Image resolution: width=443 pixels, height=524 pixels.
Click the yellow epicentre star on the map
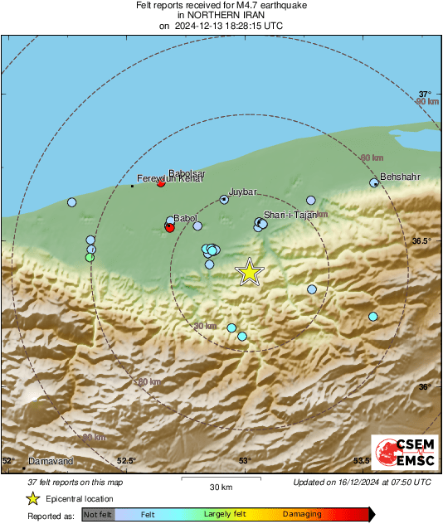click(x=249, y=272)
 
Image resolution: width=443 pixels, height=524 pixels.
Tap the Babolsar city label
click(x=187, y=173)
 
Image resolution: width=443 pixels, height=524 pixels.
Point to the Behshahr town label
click(x=400, y=177)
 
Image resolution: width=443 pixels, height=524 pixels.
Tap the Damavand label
click(x=51, y=461)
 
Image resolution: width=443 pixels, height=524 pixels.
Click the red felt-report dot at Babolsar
click(x=161, y=182)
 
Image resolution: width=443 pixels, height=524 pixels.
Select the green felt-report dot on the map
click(x=90, y=257)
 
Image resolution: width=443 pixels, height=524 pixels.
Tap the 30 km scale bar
click(x=221, y=479)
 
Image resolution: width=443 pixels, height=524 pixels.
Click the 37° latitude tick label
click(x=425, y=95)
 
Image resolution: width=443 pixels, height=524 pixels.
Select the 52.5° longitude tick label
click(x=126, y=461)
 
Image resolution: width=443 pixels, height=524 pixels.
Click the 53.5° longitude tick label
click(x=363, y=461)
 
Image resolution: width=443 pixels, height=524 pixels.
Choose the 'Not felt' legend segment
click(x=97, y=515)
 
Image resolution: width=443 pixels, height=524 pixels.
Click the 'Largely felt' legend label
click(x=224, y=515)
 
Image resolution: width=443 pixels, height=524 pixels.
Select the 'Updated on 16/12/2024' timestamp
click(x=362, y=483)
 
